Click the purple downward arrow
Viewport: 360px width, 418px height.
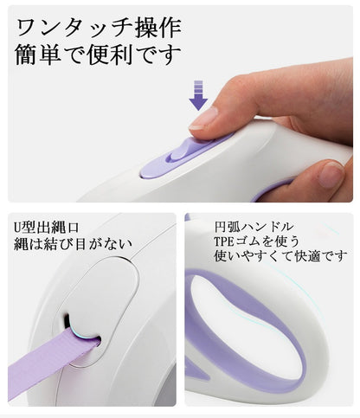198,95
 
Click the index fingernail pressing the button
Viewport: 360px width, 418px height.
204,118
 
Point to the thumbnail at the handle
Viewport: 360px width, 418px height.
332,174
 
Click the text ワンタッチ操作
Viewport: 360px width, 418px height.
99,28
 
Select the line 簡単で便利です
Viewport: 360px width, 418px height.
98,55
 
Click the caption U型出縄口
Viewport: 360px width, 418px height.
46,228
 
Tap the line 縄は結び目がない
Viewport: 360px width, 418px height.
73,244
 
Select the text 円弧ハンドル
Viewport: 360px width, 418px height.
254,227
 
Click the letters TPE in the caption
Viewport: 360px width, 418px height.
223,241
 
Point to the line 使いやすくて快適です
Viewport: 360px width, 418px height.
280,256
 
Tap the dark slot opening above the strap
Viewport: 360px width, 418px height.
67,321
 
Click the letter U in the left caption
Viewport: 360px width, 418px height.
17,228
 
